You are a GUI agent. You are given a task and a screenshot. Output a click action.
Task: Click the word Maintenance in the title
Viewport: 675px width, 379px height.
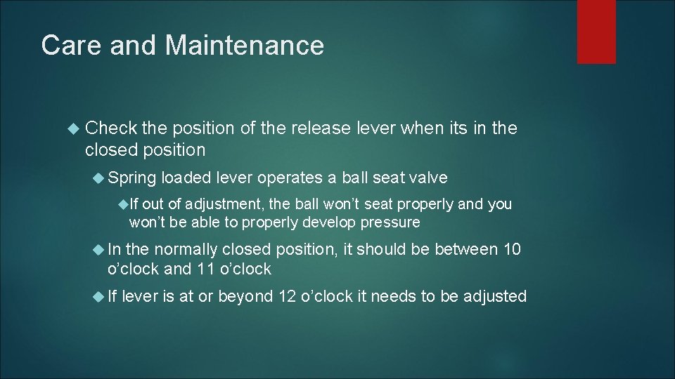pyautogui.click(x=245, y=46)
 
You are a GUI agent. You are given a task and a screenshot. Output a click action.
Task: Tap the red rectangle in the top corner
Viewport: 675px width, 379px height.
pyautogui.click(x=596, y=32)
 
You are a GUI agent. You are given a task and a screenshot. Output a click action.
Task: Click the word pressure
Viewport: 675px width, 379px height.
pyautogui.click(x=390, y=222)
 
